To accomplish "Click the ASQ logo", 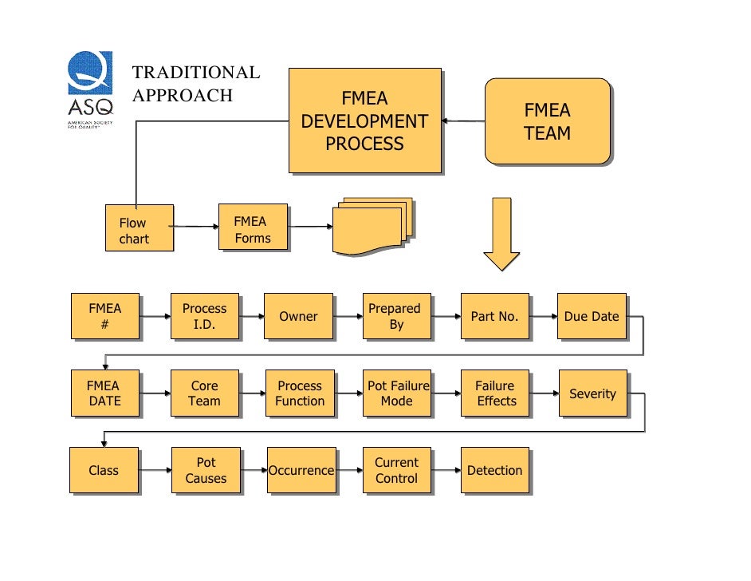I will pyautogui.click(x=90, y=89).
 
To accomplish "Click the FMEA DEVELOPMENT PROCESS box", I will pyautogui.click(x=364, y=121).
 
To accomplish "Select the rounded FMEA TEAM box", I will pyautogui.click(x=547, y=121).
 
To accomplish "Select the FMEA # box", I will pyautogui.click(x=105, y=316).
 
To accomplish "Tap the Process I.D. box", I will pyautogui.click(x=205, y=316).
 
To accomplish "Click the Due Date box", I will pyautogui.click(x=592, y=316).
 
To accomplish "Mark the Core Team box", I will pyautogui.click(x=205, y=393).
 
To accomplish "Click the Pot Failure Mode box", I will pyautogui.click(x=396, y=393).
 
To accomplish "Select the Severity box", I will pyautogui.click(x=592, y=393).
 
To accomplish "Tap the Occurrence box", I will pyautogui.click(x=301, y=470).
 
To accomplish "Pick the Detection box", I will pyautogui.click(x=494, y=470).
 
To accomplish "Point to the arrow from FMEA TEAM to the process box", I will pyautogui.click(x=462, y=121).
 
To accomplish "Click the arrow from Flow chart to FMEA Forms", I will pyautogui.click(x=195, y=227).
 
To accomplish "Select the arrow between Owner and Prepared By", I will pyautogui.click(x=348, y=316).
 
